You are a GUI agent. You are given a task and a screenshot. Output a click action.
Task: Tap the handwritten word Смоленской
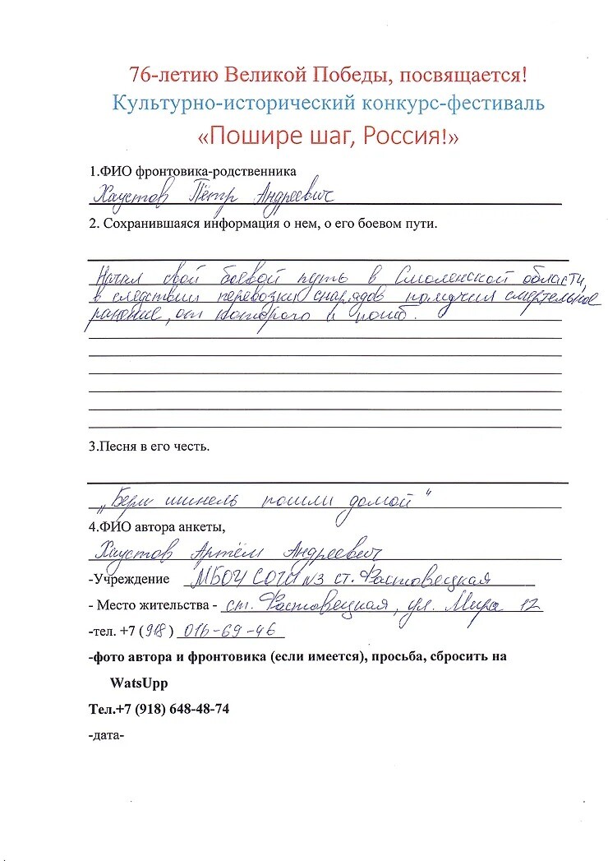point(444,275)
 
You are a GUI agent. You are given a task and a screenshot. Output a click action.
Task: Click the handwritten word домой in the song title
point(381,498)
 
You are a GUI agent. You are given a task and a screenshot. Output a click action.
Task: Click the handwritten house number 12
point(529,605)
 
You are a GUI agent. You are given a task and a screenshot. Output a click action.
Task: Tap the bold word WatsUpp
point(137,683)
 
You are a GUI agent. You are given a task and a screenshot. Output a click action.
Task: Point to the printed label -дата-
point(106,735)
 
